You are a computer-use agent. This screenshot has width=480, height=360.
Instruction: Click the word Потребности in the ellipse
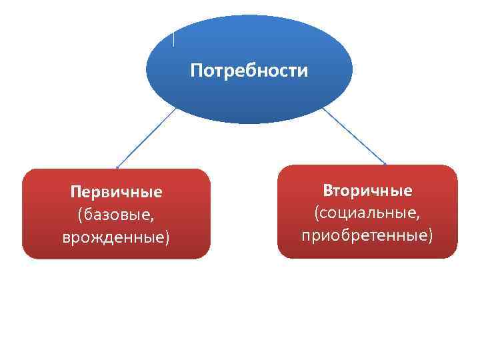249,71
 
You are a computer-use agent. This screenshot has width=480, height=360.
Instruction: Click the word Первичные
116,193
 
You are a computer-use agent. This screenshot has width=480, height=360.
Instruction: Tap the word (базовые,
116,215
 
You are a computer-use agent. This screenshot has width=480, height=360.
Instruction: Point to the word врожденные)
116,237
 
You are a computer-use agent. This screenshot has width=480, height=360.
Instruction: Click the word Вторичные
367,191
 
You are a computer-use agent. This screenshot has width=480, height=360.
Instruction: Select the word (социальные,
367,213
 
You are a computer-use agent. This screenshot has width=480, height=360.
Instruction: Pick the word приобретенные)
367,235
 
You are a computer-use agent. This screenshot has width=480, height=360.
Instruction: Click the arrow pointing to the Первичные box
147,137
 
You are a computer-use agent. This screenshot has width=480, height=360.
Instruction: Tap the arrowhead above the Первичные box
118,167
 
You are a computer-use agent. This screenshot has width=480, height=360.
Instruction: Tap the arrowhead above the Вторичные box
385,163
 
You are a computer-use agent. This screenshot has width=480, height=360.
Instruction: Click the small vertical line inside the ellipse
174,39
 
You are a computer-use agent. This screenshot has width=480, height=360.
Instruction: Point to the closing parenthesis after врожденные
167,237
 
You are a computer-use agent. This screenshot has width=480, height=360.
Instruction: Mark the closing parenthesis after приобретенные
430,236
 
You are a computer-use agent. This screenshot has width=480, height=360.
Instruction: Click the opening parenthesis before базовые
80,215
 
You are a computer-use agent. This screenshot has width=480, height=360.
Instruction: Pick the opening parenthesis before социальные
318,214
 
